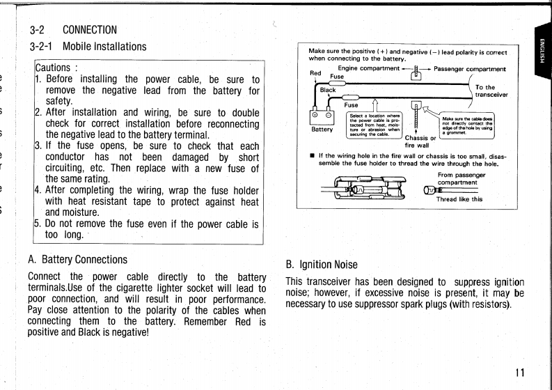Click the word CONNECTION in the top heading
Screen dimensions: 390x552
(90, 30)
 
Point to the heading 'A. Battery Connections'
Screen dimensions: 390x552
(78, 260)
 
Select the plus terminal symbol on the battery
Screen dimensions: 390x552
(315, 116)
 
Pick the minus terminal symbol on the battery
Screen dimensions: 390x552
(329, 116)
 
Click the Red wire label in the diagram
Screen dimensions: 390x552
(315, 72)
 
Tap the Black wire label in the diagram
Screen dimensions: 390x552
(328, 90)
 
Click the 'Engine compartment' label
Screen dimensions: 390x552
(370, 68)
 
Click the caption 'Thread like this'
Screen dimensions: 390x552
(459, 198)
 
